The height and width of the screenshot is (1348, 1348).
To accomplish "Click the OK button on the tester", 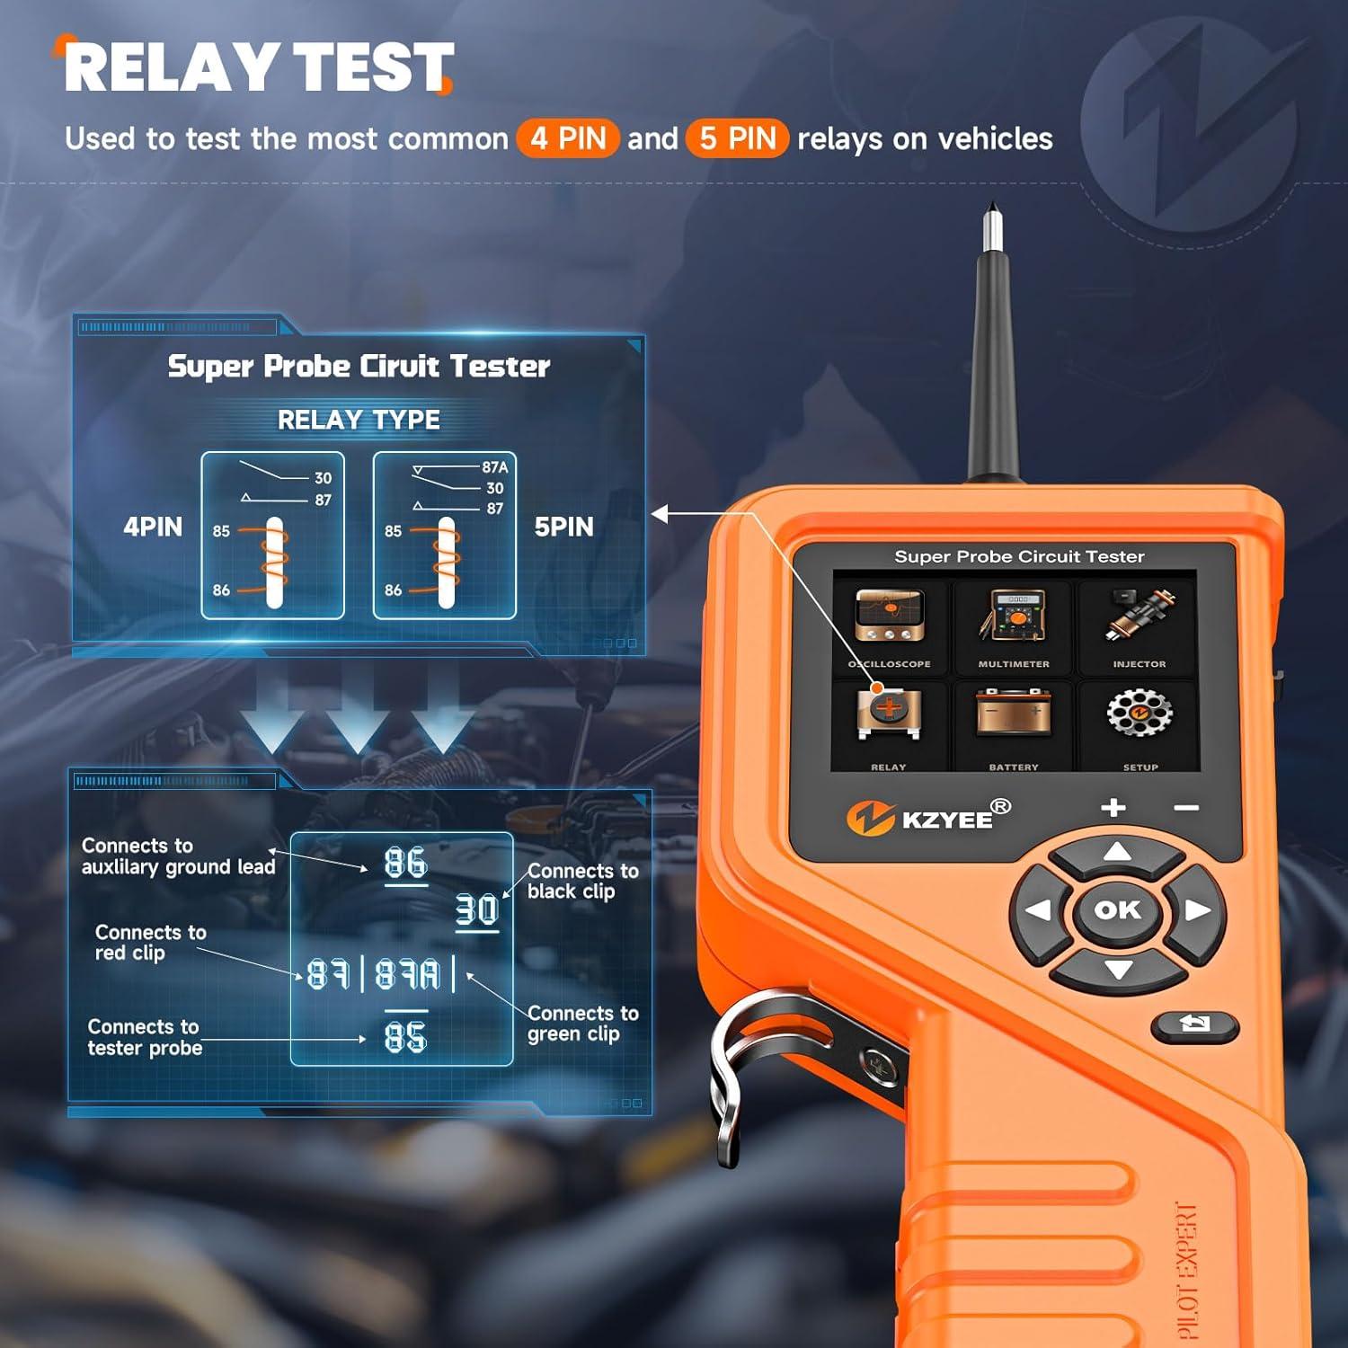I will pos(1117,910).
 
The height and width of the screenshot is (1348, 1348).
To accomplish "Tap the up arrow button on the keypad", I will pos(1116,852).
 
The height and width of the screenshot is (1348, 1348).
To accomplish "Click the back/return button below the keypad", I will pos(1194,1024).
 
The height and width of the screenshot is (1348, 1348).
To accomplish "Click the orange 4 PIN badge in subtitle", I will pos(568,138).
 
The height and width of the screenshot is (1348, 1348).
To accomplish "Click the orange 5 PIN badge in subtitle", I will pos(737,138).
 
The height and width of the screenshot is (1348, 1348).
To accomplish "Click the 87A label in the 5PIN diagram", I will pos(494,467).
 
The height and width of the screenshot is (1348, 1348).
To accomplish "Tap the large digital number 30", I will pos(477,910).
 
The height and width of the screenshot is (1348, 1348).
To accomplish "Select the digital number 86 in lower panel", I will pos(405,864).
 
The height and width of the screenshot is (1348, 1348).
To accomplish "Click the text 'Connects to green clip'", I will pos(582,1024).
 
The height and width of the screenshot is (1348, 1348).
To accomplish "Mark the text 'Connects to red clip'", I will pos(150,943).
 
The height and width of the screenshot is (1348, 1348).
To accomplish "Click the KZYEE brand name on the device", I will pos(946,820).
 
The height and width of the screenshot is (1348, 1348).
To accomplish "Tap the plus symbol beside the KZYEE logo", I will pos(1113,807).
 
